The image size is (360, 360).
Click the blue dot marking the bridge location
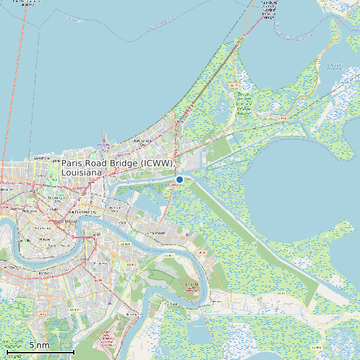point(179,179)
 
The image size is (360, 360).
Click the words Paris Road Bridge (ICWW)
point(118,163)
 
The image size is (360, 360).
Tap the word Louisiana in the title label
point(82,173)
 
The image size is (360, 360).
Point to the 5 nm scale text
point(39,345)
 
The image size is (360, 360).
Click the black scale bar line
point(40,351)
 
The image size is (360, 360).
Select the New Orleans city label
point(64,221)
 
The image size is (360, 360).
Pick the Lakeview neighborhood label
point(41,158)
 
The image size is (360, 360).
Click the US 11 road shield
point(232,85)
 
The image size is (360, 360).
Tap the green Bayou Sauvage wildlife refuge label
point(244,103)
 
